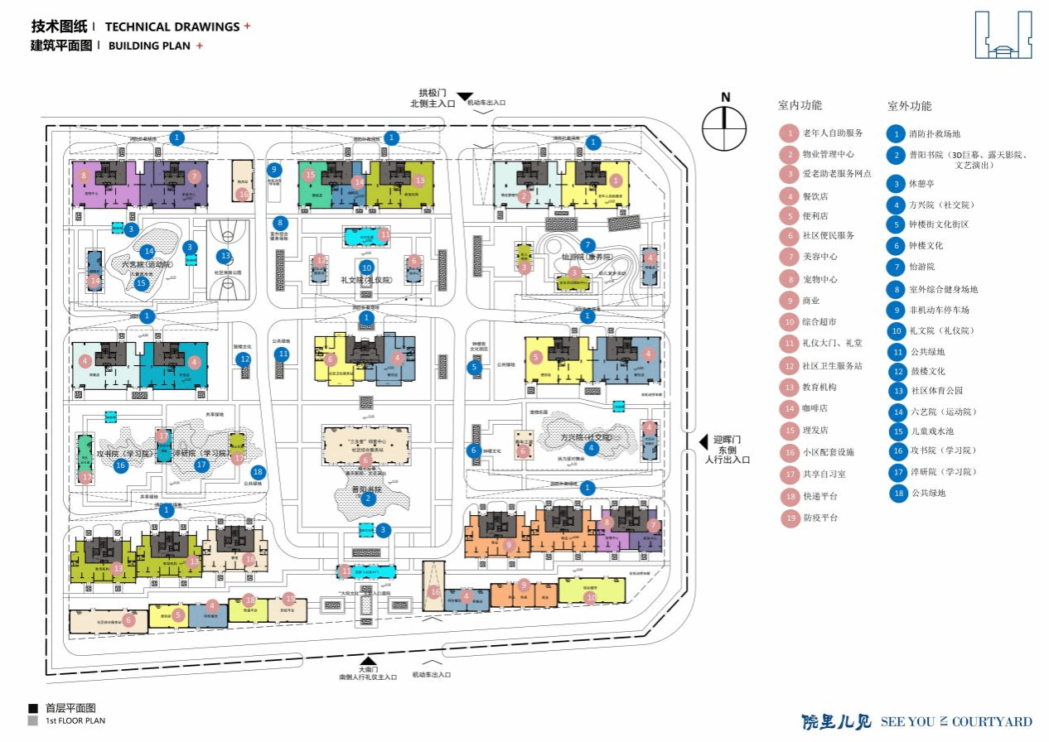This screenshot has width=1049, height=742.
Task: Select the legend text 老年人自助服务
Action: [833, 133]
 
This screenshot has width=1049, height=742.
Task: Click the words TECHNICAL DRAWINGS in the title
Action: [172, 27]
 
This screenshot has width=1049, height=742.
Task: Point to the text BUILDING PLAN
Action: [150, 46]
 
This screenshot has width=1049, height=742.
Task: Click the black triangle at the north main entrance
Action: [465, 97]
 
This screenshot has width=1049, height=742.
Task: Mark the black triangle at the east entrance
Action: [703, 442]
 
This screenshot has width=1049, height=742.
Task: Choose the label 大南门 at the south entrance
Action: [368, 669]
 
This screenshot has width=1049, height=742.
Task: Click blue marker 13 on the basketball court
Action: [225, 256]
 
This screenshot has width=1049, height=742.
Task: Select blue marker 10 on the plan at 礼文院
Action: [367, 267]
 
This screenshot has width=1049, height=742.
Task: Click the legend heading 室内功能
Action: [800, 105]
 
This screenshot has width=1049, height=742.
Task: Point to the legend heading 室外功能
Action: [909, 106]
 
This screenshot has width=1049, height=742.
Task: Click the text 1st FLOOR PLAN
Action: [75, 720]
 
